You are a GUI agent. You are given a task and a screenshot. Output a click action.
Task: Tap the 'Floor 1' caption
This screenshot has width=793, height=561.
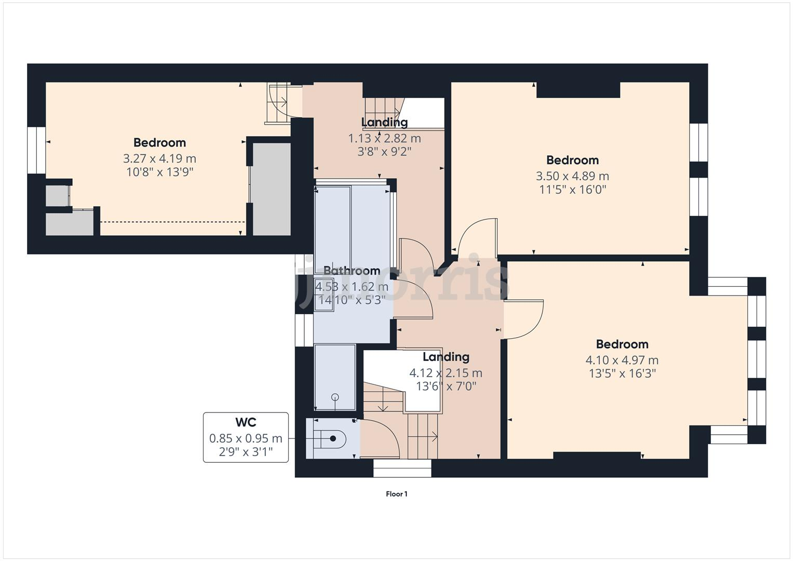[396, 494]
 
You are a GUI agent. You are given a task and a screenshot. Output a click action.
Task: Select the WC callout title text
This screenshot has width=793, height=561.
[246, 422]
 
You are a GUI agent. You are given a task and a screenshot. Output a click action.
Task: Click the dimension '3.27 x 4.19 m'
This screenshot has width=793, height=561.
[159, 158]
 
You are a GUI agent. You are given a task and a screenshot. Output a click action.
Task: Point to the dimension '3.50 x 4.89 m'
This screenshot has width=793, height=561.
[572, 176]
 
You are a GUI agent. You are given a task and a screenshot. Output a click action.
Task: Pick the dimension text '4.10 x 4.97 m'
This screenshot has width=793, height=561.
[622, 360]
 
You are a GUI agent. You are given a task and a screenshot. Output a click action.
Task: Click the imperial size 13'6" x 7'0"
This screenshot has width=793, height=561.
[446, 386]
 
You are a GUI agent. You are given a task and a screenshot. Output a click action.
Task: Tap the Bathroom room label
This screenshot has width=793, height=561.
[352, 271]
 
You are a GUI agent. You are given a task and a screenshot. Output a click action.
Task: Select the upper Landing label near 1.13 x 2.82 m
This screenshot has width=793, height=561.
[384, 123]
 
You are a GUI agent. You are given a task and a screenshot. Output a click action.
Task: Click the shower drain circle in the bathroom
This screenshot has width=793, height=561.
[335, 397]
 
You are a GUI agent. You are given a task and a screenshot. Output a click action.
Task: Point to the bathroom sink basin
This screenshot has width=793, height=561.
[323, 295]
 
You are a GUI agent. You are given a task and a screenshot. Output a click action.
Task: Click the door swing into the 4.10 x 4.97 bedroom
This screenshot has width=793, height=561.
[523, 319]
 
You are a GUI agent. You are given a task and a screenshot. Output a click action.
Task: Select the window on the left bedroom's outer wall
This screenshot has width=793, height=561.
[37, 150]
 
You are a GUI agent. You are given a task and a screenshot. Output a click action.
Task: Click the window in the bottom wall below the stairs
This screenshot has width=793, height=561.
[402, 469]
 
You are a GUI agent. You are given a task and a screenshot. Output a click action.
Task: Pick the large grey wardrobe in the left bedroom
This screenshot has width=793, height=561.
[272, 189]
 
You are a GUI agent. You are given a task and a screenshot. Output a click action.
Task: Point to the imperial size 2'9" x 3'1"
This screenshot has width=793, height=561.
[246, 452]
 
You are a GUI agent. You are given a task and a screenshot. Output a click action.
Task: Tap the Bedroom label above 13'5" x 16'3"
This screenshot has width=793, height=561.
[622, 344]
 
